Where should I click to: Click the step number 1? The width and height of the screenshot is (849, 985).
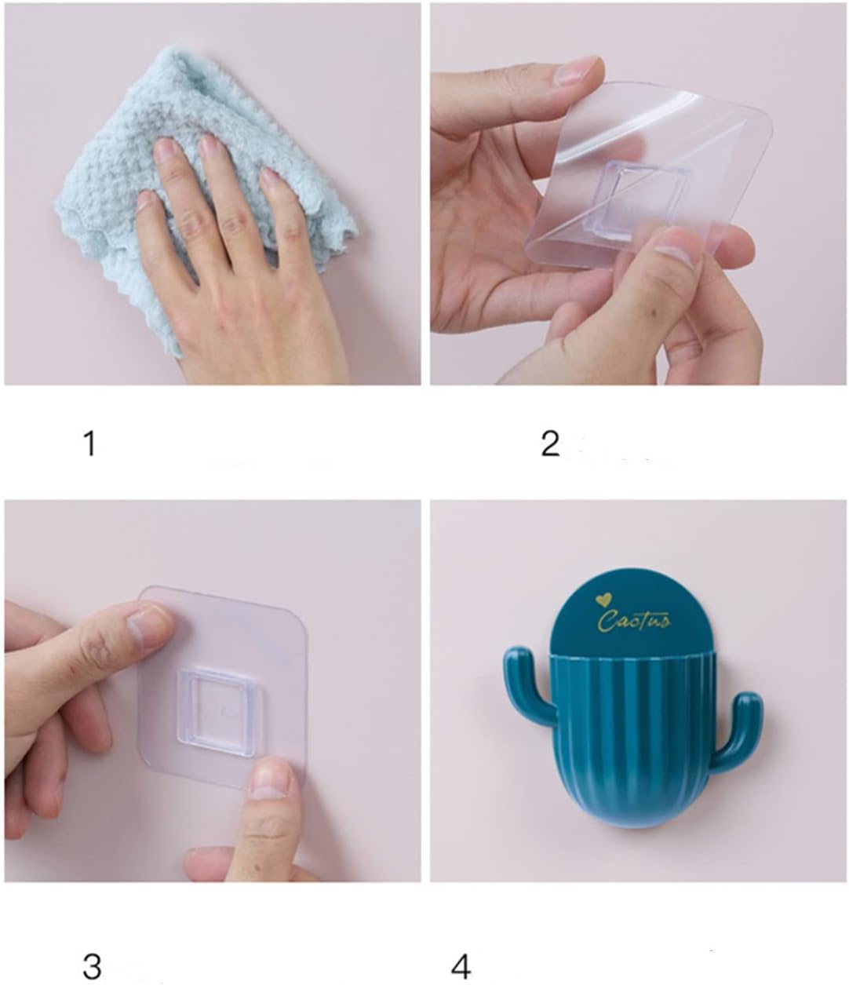[x=89, y=443]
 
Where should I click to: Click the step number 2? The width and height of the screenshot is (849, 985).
[x=550, y=443]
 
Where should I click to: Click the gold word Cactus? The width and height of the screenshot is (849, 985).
[x=634, y=620]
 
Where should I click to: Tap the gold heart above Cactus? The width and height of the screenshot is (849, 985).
[x=603, y=600]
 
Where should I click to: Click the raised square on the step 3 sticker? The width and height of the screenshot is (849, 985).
[x=220, y=706]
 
